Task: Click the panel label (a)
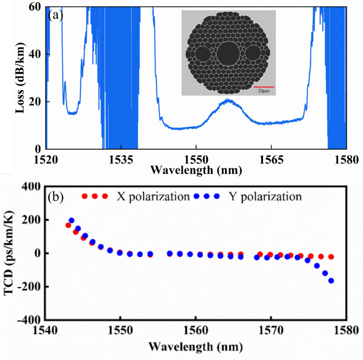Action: tap(56, 15)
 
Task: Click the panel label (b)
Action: tap(56, 196)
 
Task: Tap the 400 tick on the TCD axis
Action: tap(31, 187)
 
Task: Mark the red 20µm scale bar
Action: tap(264, 87)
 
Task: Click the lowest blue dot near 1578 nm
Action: tap(331, 280)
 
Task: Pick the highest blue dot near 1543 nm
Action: tap(71, 220)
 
